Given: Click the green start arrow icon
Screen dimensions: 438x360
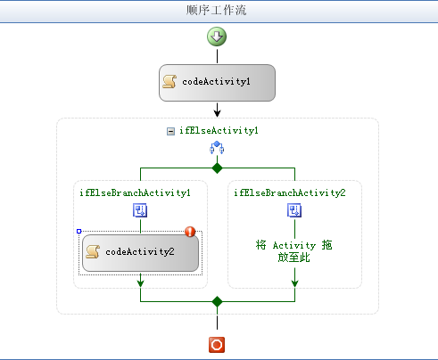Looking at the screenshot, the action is [x=217, y=37].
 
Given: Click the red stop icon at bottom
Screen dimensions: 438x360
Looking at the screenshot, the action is [x=217, y=345].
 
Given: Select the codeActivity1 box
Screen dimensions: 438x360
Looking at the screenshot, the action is [x=217, y=83].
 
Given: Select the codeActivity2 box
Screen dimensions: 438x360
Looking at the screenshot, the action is [x=140, y=253].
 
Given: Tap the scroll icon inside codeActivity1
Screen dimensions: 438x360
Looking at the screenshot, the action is [x=169, y=82].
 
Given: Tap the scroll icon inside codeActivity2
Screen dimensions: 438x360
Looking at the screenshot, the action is [x=93, y=252].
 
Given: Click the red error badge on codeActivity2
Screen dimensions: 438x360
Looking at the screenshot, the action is [x=190, y=232].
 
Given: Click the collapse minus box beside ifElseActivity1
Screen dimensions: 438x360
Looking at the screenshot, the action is [x=170, y=131].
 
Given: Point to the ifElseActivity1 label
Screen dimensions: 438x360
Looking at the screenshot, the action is [x=219, y=131].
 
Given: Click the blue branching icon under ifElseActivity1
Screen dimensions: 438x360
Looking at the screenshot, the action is [x=217, y=148].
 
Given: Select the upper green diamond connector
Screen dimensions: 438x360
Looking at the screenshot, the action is [x=218, y=168].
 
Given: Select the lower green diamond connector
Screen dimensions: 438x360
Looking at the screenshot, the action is [x=218, y=301].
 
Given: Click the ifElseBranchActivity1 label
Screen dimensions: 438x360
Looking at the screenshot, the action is [x=135, y=193].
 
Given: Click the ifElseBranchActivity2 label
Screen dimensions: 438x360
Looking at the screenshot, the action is [x=290, y=193].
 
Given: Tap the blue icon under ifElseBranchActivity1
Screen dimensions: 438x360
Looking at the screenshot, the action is [x=140, y=210].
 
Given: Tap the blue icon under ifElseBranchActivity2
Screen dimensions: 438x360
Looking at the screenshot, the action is [x=294, y=210].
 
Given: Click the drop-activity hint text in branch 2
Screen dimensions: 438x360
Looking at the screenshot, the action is [x=293, y=251].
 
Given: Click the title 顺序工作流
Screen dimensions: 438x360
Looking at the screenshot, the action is [x=217, y=10].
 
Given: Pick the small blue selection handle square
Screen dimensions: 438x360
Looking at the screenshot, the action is [x=79, y=231].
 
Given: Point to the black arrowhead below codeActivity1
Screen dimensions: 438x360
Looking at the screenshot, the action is [x=218, y=113].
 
